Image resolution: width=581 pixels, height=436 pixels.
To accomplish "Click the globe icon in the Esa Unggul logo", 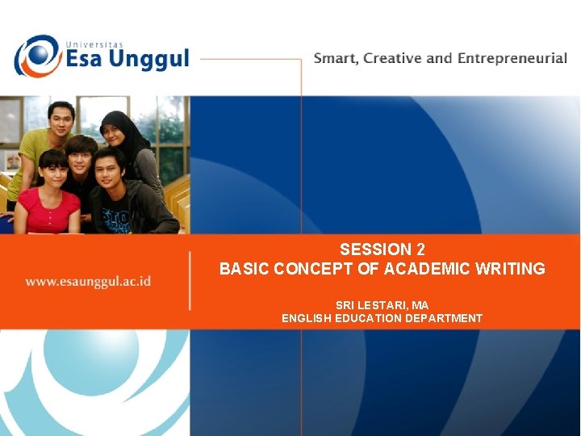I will point(36,57).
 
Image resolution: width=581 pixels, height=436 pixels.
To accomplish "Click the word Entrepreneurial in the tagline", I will point(512,59).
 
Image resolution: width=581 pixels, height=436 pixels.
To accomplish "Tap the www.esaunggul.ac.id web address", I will point(88,282).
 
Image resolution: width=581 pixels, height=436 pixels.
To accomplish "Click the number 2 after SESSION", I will point(420,249).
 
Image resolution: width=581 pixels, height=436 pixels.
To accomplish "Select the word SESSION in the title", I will point(375,249).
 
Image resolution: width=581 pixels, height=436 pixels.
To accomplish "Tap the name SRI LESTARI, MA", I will point(382,305).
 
